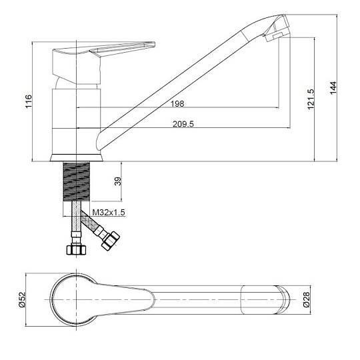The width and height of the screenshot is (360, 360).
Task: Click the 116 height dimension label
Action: click(29, 101)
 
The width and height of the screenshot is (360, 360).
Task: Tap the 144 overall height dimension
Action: click(333, 87)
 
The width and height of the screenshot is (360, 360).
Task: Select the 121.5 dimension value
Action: click(311, 99)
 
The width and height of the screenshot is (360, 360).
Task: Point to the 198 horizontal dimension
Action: click(177, 104)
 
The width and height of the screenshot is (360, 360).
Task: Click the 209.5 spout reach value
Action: click(183, 124)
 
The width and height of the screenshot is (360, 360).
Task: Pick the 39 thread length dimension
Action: click(118, 181)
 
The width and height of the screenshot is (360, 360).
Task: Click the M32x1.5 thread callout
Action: click(109, 213)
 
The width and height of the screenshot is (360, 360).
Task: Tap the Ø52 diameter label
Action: click(22, 299)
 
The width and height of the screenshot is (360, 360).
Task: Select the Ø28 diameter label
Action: click(307, 299)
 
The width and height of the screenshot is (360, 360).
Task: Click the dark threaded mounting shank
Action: click(76, 181)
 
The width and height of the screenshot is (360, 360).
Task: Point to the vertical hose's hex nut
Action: click(76, 249)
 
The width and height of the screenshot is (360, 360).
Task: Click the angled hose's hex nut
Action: click(111, 241)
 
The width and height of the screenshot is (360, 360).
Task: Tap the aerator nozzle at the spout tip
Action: click(277, 29)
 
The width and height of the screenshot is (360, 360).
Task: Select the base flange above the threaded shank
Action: click(77, 158)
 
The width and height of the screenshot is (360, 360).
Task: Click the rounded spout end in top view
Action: click(283, 299)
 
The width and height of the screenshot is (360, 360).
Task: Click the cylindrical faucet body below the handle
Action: click(77, 121)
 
